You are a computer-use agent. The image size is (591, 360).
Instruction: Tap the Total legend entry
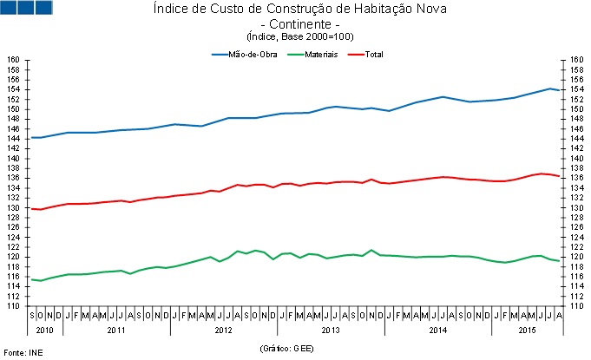point(365,55)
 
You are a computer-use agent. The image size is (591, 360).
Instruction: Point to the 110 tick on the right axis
point(576,306)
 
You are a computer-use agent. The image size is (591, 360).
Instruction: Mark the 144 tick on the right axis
point(576,139)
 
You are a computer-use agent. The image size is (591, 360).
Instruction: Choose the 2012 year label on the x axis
point(223,330)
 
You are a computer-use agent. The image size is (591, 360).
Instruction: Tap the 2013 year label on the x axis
point(331,330)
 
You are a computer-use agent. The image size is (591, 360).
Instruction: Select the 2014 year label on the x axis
point(437,330)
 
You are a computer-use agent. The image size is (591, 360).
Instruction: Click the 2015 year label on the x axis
point(527,330)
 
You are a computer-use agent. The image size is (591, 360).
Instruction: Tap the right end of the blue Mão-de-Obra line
point(559,90)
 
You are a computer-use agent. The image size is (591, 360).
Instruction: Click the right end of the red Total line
point(559,177)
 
